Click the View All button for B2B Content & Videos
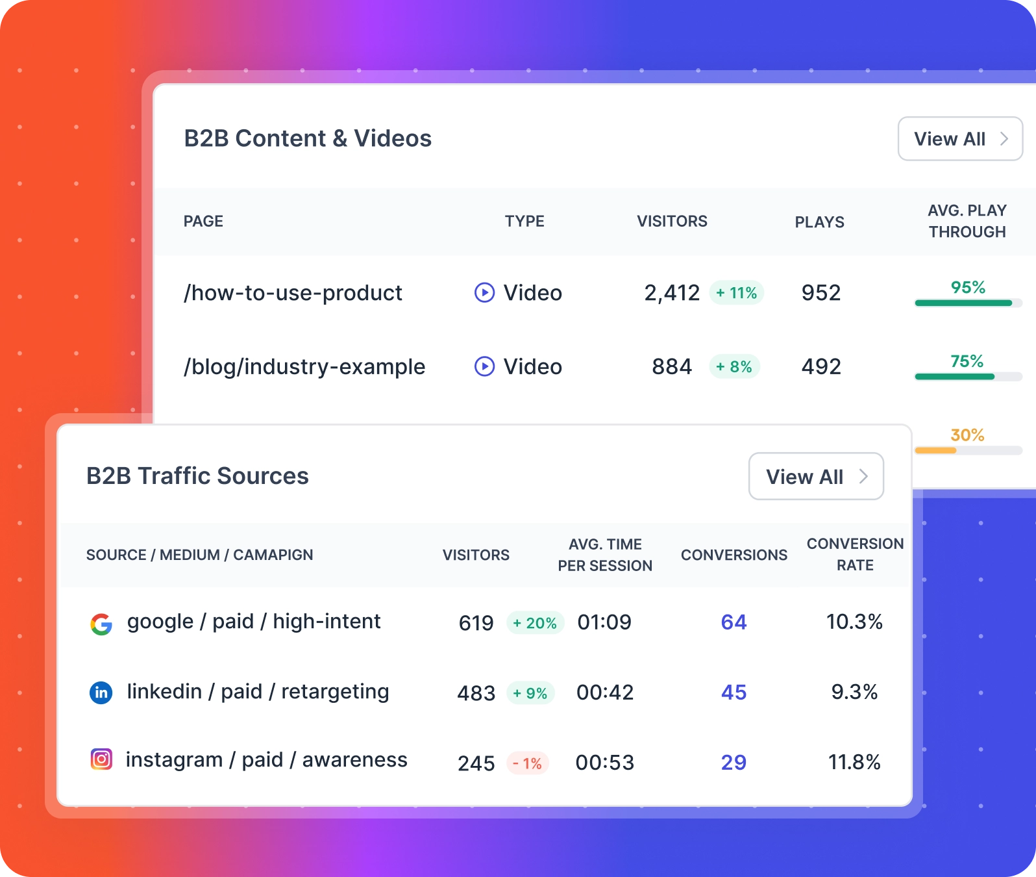[959, 139]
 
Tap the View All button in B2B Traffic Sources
[816, 477]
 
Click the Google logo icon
[101, 624]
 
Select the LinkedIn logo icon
[101, 693]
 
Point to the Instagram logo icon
[101, 759]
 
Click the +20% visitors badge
[535, 623]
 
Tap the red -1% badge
[527, 763]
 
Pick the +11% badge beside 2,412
[736, 293]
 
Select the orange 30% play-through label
[967, 435]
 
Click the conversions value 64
[734, 622]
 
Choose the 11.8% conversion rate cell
[854, 762]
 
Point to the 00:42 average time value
[605, 693]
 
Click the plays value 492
[821, 367]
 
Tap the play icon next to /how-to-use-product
[484, 293]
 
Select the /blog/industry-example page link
[304, 367]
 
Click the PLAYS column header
[819, 222]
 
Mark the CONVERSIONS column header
[734, 555]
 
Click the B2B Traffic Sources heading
[197, 476]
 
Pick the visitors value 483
[476, 693]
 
